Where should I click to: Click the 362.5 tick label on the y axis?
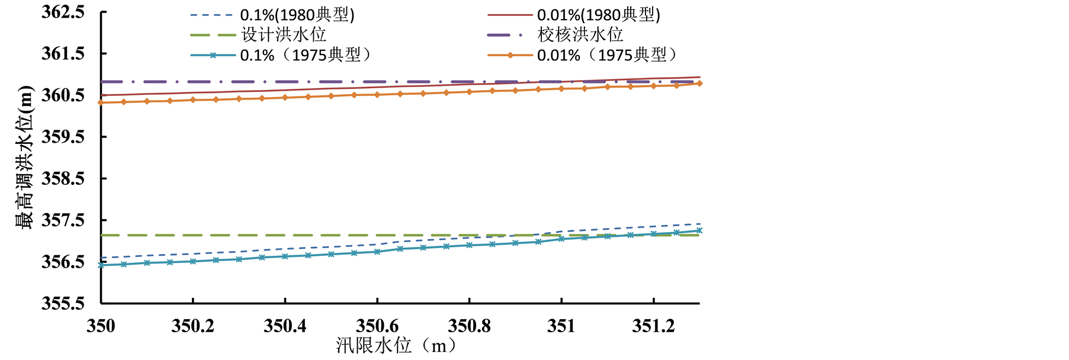click(63, 12)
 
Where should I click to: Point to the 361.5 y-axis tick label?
click(63, 54)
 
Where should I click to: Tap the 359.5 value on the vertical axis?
click(63, 137)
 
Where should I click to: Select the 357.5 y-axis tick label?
click(63, 220)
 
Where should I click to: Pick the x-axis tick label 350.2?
click(192, 326)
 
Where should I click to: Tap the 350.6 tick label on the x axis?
click(377, 326)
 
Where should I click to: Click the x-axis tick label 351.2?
click(653, 326)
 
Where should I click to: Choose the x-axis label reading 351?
click(561, 326)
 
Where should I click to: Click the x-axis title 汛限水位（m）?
click(396, 345)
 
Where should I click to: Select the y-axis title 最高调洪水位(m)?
click(24, 157)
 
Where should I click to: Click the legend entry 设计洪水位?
click(284, 35)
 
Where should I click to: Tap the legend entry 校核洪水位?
click(580, 35)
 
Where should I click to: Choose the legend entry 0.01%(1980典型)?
click(599, 15)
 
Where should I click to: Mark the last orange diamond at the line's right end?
click(699, 83)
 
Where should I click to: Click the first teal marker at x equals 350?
click(101, 265)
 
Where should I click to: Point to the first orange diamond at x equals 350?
click(101, 102)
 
